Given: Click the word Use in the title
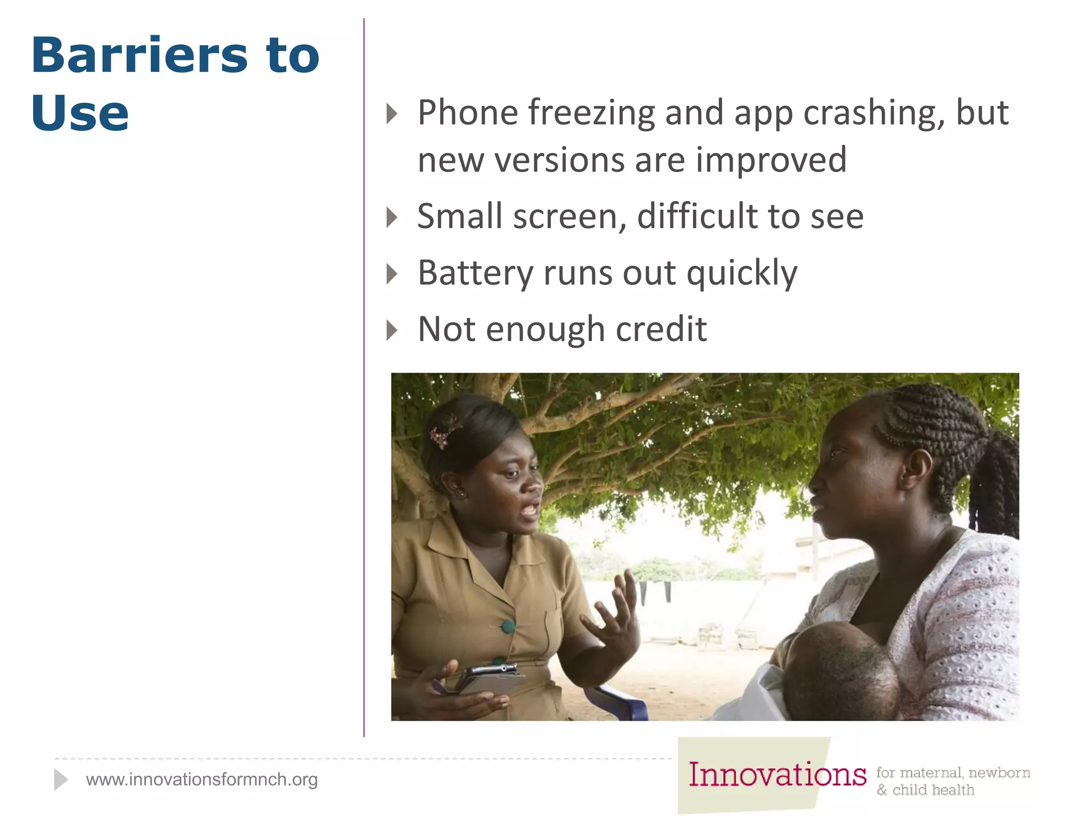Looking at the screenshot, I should click(x=80, y=113).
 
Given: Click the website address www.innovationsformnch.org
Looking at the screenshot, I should click(x=202, y=780).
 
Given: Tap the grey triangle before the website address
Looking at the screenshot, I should click(x=61, y=780).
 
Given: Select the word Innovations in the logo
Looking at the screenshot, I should click(x=777, y=774).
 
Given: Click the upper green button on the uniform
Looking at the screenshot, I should click(x=508, y=627).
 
